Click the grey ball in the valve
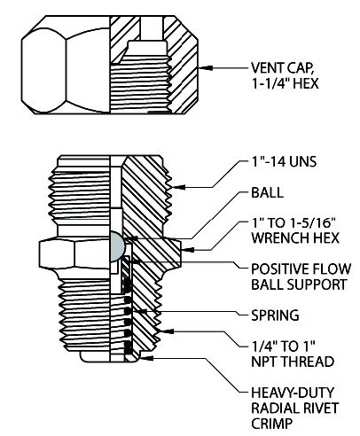click(x=117, y=246)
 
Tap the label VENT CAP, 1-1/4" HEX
click(x=285, y=75)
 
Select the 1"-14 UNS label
click(x=284, y=161)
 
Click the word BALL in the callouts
click(x=267, y=192)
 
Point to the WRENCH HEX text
click(x=295, y=238)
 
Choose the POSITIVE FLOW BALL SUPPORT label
click(x=301, y=276)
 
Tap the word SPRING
click(x=275, y=315)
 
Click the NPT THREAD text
click(x=293, y=362)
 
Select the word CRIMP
click(x=271, y=424)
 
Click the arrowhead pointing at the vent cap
click(x=202, y=68)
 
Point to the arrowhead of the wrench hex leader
click(x=186, y=250)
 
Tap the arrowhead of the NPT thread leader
click(x=166, y=331)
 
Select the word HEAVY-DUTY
click(x=293, y=393)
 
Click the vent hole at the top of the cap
click(x=152, y=27)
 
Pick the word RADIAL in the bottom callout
click(x=271, y=408)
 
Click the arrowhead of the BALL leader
click(x=129, y=237)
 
